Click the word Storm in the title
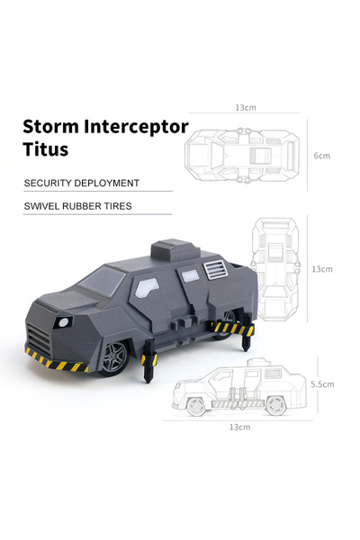51,126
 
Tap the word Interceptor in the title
137,128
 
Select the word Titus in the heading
46,148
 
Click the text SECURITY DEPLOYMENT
82,183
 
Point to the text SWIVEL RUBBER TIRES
78,206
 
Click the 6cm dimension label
322,156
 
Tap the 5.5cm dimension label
322,384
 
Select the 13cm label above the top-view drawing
246,107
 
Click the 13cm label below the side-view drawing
239,427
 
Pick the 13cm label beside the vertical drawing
322,269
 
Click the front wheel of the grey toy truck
113,357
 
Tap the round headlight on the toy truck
64,323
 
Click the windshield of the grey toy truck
103,281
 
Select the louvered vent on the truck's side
216,269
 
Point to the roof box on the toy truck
175,250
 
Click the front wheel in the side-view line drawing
195,407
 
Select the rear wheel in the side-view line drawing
276,406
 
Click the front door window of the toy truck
147,288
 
